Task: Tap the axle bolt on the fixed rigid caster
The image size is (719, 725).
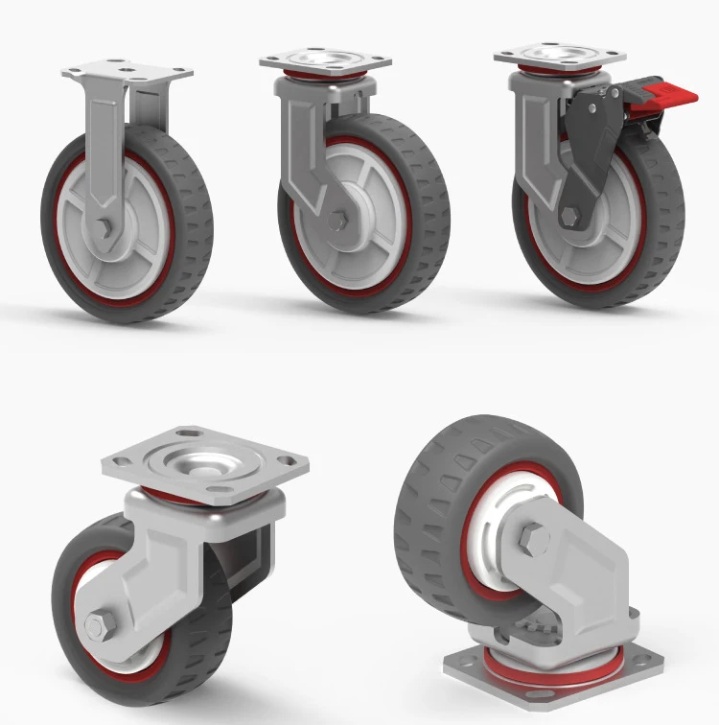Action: (104, 228)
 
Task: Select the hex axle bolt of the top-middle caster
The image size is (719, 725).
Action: (336, 221)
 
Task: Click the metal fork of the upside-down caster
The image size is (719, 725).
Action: (575, 575)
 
